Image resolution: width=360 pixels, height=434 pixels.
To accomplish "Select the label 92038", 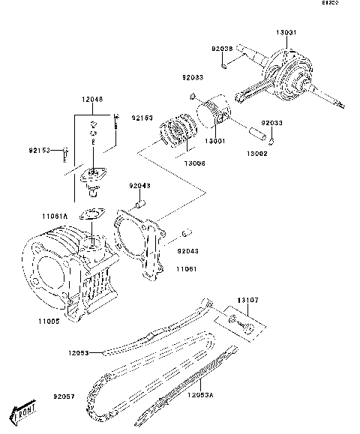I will pyautogui.click(x=222, y=49).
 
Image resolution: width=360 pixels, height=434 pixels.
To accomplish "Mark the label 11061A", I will pyautogui.click(x=54, y=216).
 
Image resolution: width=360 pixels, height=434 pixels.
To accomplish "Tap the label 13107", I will pyautogui.click(x=247, y=301).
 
